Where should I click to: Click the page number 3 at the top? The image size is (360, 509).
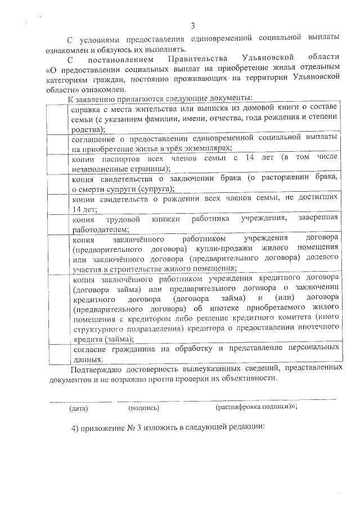(x=193, y=25)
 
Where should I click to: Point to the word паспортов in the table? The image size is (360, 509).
(x=127, y=159)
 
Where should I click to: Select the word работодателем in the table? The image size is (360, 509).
(x=100, y=229)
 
